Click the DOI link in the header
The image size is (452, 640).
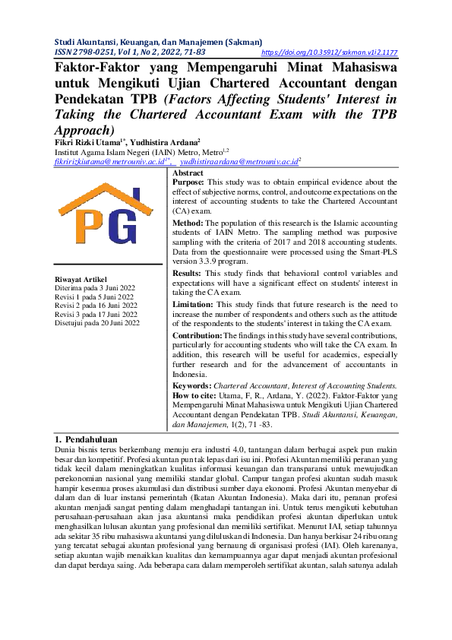[x=329, y=53]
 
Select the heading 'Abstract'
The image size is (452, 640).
[x=189, y=173]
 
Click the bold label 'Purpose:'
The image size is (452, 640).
[x=189, y=183]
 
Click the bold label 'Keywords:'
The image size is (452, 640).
[x=191, y=386]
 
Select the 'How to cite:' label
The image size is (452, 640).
[x=194, y=396]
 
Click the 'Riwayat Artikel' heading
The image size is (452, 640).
[x=81, y=279]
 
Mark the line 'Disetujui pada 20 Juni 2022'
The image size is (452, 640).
[x=97, y=323]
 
